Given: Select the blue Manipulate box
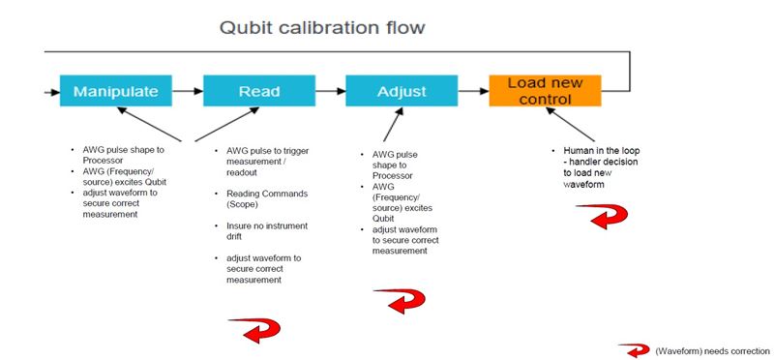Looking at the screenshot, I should pyautogui.click(x=117, y=91).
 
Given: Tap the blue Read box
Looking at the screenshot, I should pyautogui.click(x=259, y=91).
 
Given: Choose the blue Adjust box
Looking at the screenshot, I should pyautogui.click(x=401, y=91).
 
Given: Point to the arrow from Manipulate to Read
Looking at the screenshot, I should pyautogui.click(x=189, y=91).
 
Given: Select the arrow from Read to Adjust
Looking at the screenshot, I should pyautogui.click(x=330, y=91).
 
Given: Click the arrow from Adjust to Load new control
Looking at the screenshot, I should pyautogui.click(x=472, y=91).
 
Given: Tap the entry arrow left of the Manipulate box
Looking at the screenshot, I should pyautogui.click(x=50, y=91).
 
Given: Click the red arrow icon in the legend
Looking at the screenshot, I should pyautogui.click(x=635, y=349).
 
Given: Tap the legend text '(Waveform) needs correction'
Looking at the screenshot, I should pyautogui.click(x=712, y=350).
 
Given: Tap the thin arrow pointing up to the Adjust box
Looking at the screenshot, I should pyautogui.click(x=392, y=126).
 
